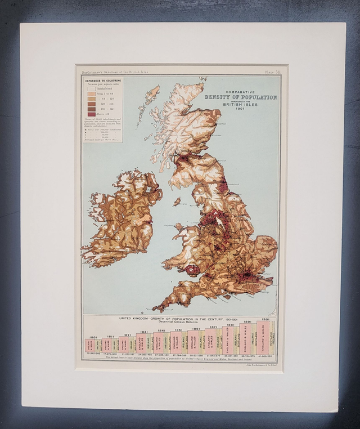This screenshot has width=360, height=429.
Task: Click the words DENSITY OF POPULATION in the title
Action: point(241,97)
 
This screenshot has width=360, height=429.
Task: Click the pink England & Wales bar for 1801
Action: point(89,345)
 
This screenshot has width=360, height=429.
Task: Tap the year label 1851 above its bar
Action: point(178,330)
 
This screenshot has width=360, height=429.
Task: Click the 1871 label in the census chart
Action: point(214,327)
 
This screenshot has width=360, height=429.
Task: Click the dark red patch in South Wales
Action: point(192,270)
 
